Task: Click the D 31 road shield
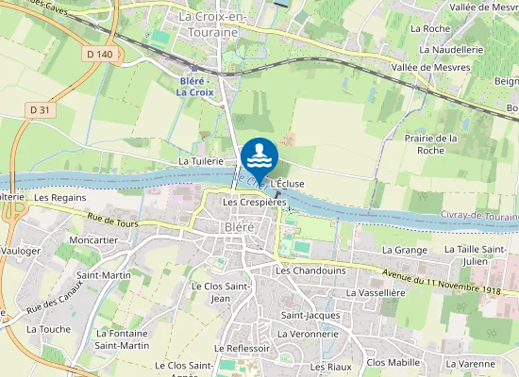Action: pos(39,110)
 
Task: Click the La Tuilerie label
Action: pos(200,162)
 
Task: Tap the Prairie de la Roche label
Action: pos(430,144)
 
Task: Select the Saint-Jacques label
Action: pos(304,314)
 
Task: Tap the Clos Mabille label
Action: pos(393,362)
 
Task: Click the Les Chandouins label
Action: pos(310,270)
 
